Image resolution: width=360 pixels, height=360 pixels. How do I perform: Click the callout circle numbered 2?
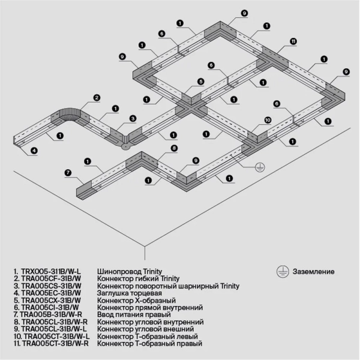(97, 98)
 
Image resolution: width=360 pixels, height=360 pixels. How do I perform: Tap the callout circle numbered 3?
(133, 118)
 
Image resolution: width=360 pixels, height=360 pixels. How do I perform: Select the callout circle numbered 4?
(34, 150)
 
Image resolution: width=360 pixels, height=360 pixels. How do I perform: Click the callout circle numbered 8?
(173, 148)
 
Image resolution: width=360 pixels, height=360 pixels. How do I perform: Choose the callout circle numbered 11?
(293, 41)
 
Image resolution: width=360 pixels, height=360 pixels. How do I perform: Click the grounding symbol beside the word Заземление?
(281, 271)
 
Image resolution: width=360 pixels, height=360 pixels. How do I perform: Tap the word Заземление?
(314, 272)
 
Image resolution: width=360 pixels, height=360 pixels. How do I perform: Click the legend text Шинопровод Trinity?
(129, 272)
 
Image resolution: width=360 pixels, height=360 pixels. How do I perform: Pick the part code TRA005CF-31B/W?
(50, 279)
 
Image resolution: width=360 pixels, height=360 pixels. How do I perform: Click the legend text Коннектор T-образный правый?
(149, 344)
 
